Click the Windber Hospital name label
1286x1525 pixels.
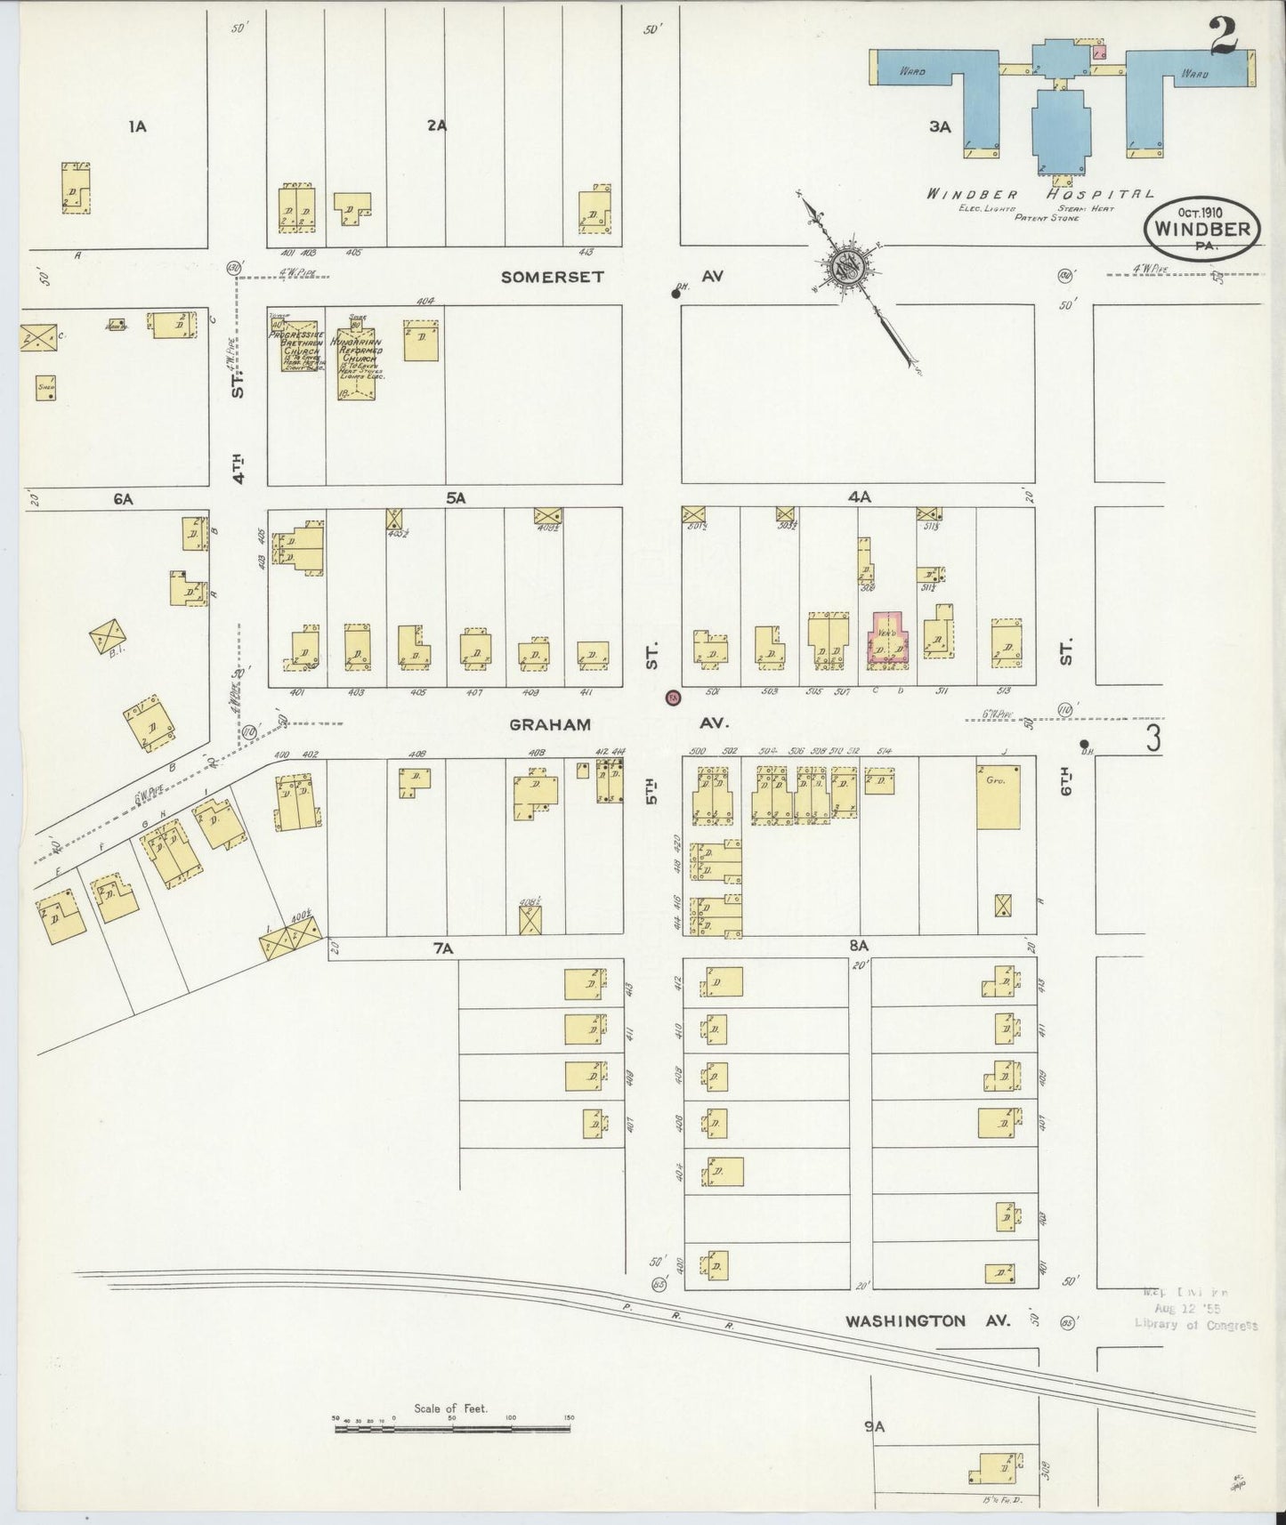coord(1040,194)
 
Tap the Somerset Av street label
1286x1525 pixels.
coord(552,277)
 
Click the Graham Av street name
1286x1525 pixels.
coord(549,724)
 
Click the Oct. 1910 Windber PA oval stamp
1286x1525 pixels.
coord(1201,228)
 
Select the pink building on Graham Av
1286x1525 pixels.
coord(887,641)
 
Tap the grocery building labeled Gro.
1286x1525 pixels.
coord(998,797)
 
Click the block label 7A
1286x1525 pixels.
coord(442,949)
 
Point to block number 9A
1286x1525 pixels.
coord(874,1426)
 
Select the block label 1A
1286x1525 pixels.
coord(136,126)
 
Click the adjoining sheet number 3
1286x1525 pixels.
coord(1153,738)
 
